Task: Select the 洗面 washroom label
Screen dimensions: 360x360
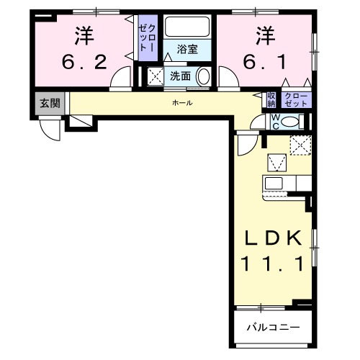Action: click(x=180, y=76)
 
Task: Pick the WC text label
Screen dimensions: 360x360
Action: click(x=274, y=122)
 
